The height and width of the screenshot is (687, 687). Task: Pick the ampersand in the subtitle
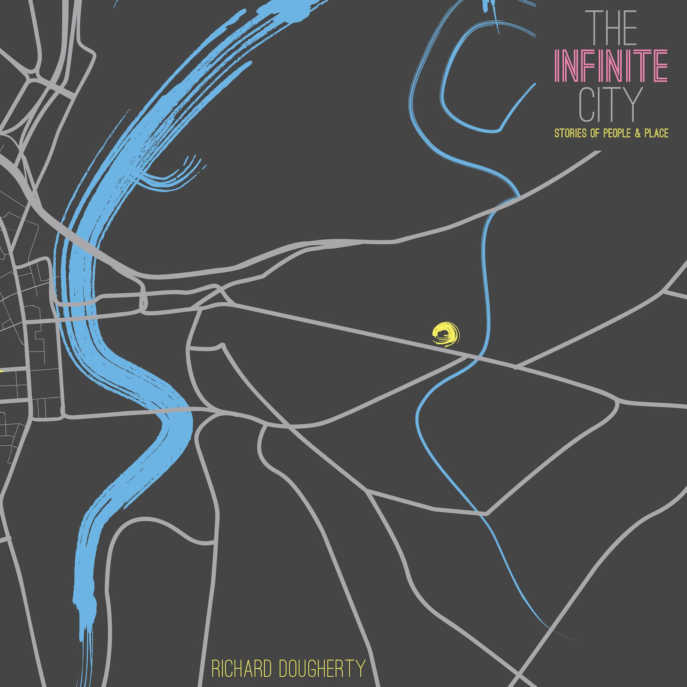coord(637,133)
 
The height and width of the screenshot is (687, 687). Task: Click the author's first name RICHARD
coord(242,669)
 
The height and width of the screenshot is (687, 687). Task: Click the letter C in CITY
coord(587,105)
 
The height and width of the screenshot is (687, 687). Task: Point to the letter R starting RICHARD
coord(216,669)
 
